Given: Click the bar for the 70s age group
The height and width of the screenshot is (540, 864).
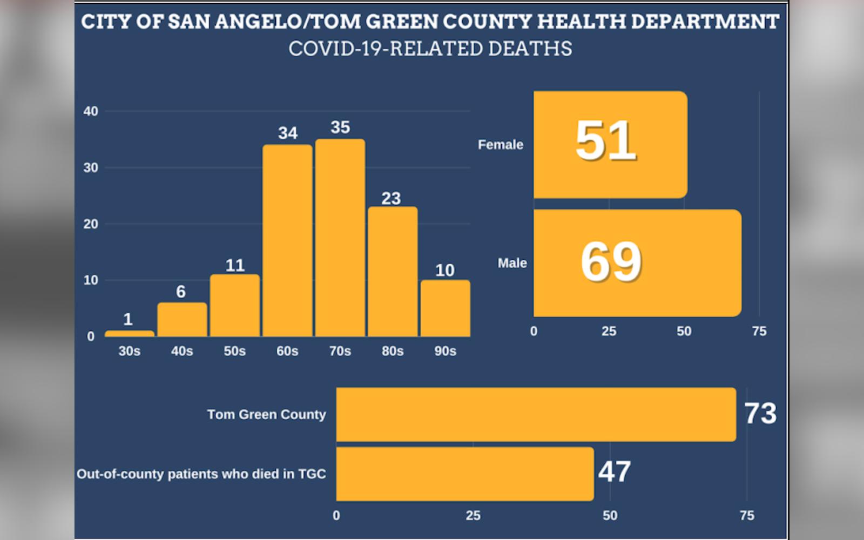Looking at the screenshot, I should [x=340, y=238].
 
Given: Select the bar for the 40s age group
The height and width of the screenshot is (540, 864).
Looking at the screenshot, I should [x=182, y=320].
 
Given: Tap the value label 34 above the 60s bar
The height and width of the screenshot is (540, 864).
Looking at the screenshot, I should [x=288, y=133].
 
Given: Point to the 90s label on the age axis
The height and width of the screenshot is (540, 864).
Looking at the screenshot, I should [x=445, y=351].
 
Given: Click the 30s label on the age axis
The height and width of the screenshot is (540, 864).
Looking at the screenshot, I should [x=129, y=351].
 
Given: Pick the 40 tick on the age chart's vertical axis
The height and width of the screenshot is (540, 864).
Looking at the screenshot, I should [x=91, y=111].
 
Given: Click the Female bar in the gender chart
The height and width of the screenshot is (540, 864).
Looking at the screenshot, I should [x=610, y=145].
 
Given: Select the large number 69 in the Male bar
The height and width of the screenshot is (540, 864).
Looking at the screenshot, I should [x=611, y=262].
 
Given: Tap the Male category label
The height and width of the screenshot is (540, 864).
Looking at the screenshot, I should [x=512, y=263].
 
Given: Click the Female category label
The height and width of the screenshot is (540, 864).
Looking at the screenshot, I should [x=500, y=145].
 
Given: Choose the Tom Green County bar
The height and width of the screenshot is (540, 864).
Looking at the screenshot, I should [x=536, y=414].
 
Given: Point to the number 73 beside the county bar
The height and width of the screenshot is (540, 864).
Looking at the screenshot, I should [x=760, y=414].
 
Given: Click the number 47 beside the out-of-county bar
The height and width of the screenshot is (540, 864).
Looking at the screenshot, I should [x=615, y=472].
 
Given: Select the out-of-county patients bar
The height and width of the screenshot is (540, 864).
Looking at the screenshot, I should [x=464, y=474].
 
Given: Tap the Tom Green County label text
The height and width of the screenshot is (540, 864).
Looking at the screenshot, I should [x=266, y=414].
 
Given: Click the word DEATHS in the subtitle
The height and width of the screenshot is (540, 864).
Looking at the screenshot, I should [x=530, y=49].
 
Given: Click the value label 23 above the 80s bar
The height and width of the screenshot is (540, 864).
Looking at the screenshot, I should [x=391, y=198].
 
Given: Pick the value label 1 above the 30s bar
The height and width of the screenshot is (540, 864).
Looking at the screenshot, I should [x=128, y=319].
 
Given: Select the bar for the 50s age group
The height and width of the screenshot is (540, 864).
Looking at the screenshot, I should [x=235, y=306].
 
